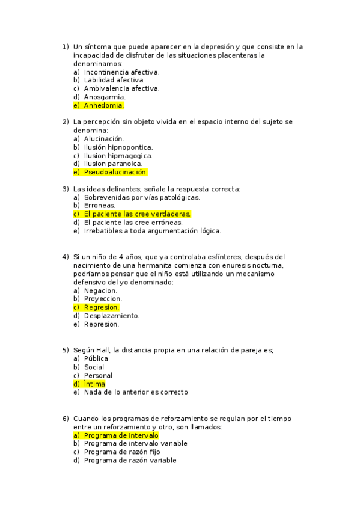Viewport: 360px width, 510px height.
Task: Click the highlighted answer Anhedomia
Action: (103, 105)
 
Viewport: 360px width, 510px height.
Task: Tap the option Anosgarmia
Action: (105, 97)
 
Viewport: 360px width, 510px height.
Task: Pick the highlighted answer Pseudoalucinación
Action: (115, 172)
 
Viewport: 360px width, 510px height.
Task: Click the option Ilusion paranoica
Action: (113, 164)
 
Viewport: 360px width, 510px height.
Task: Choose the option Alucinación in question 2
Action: (103, 138)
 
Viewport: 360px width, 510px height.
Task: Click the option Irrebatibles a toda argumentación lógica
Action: (152, 230)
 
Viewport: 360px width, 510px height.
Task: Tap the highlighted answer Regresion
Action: (102, 307)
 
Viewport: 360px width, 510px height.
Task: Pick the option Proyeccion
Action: (103, 299)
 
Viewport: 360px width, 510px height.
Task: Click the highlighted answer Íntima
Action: (94, 384)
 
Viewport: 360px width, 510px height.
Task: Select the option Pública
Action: (96, 358)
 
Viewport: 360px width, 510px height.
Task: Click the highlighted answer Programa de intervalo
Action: (121, 435)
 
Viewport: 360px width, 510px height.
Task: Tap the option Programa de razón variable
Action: (130, 460)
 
